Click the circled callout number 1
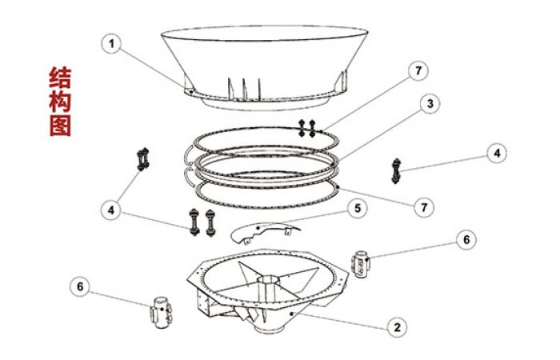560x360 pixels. click(x=112, y=44)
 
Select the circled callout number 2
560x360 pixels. click(x=397, y=326)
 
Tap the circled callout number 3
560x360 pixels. click(x=430, y=103)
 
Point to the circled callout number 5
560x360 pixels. click(x=358, y=208)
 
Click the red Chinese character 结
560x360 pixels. click(x=60, y=77)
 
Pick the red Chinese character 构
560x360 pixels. click(x=60, y=101)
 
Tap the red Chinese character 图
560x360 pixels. click(x=60, y=125)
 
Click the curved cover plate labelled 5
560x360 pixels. click(x=265, y=231)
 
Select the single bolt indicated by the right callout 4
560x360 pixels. click(x=396, y=171)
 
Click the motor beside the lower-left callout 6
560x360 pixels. click(x=162, y=313)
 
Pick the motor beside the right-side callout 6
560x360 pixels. click(x=362, y=264)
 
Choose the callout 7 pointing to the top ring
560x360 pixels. click(x=418, y=70)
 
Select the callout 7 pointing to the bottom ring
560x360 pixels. click(x=424, y=207)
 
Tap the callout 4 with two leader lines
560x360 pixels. click(x=111, y=210)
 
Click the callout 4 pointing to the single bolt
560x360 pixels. click(x=497, y=154)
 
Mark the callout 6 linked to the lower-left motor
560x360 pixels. click(x=80, y=286)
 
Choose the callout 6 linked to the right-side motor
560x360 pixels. click(x=466, y=240)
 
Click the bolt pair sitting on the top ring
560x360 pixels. click(x=306, y=129)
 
